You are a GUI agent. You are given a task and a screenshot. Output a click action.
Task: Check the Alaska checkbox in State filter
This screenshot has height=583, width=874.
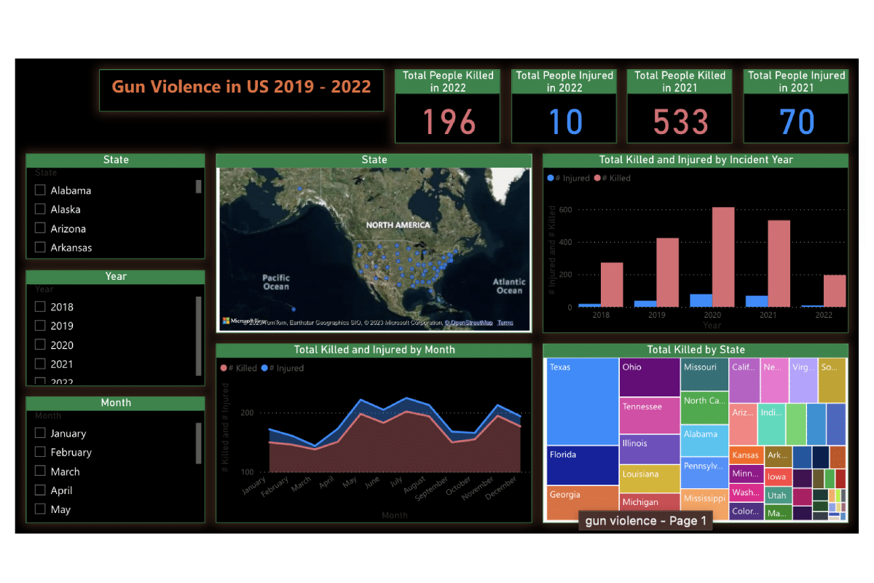pyautogui.click(x=41, y=209)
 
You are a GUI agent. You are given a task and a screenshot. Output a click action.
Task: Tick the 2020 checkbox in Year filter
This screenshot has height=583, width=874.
pyautogui.click(x=41, y=345)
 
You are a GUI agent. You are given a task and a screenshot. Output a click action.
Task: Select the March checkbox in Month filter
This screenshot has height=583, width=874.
pyautogui.click(x=41, y=472)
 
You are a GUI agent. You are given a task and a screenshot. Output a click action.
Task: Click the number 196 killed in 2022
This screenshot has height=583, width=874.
pyautogui.click(x=449, y=121)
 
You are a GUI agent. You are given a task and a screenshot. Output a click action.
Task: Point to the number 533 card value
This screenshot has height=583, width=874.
pyautogui.click(x=680, y=121)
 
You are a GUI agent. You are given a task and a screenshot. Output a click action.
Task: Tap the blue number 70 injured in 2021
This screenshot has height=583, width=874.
pyautogui.click(x=797, y=121)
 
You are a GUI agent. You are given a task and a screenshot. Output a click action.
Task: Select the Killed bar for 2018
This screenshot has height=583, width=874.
pyautogui.click(x=612, y=284)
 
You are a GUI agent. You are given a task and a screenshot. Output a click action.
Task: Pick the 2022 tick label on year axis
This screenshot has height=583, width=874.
pyautogui.click(x=823, y=316)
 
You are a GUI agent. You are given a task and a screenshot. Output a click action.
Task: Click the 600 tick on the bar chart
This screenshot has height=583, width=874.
pyautogui.click(x=564, y=210)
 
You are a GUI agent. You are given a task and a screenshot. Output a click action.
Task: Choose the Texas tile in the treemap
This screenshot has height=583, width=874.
pyautogui.click(x=583, y=401)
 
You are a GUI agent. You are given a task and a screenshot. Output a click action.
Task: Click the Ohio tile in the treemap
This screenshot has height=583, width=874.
pyautogui.click(x=649, y=377)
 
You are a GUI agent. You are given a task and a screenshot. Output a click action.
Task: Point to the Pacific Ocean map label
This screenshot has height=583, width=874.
pyautogui.click(x=276, y=282)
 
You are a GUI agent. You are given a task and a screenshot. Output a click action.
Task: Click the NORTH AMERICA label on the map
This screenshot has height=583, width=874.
pyautogui.click(x=398, y=225)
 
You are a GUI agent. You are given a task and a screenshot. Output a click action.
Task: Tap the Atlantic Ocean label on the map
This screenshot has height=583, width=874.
pyautogui.click(x=509, y=286)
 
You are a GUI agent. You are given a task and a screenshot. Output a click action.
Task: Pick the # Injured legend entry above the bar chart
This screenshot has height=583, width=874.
pyautogui.click(x=568, y=178)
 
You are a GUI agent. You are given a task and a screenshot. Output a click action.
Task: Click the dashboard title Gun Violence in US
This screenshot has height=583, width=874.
pyautogui.click(x=241, y=87)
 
